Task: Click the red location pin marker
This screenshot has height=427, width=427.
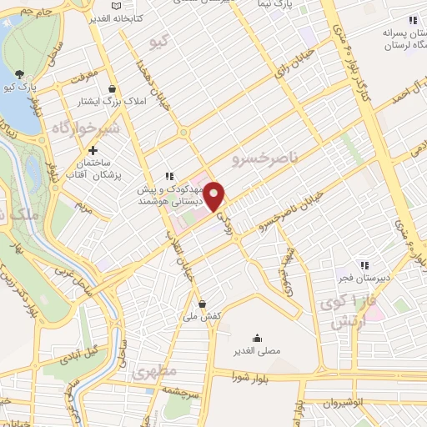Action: (215, 195)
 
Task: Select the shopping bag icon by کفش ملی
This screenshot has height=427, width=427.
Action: (203, 304)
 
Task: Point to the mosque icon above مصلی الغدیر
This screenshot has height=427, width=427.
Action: (257, 338)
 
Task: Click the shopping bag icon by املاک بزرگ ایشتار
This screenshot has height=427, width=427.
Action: (112, 89)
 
